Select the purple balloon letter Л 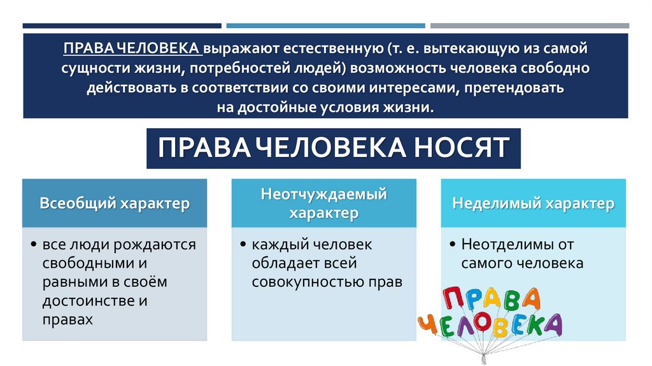pos(472,326)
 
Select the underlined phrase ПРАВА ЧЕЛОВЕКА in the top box pos(132,48)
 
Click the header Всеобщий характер pos(115,204)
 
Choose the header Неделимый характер pos(533,204)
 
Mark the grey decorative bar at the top pos(529,26)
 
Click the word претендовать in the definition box pos(518,87)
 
